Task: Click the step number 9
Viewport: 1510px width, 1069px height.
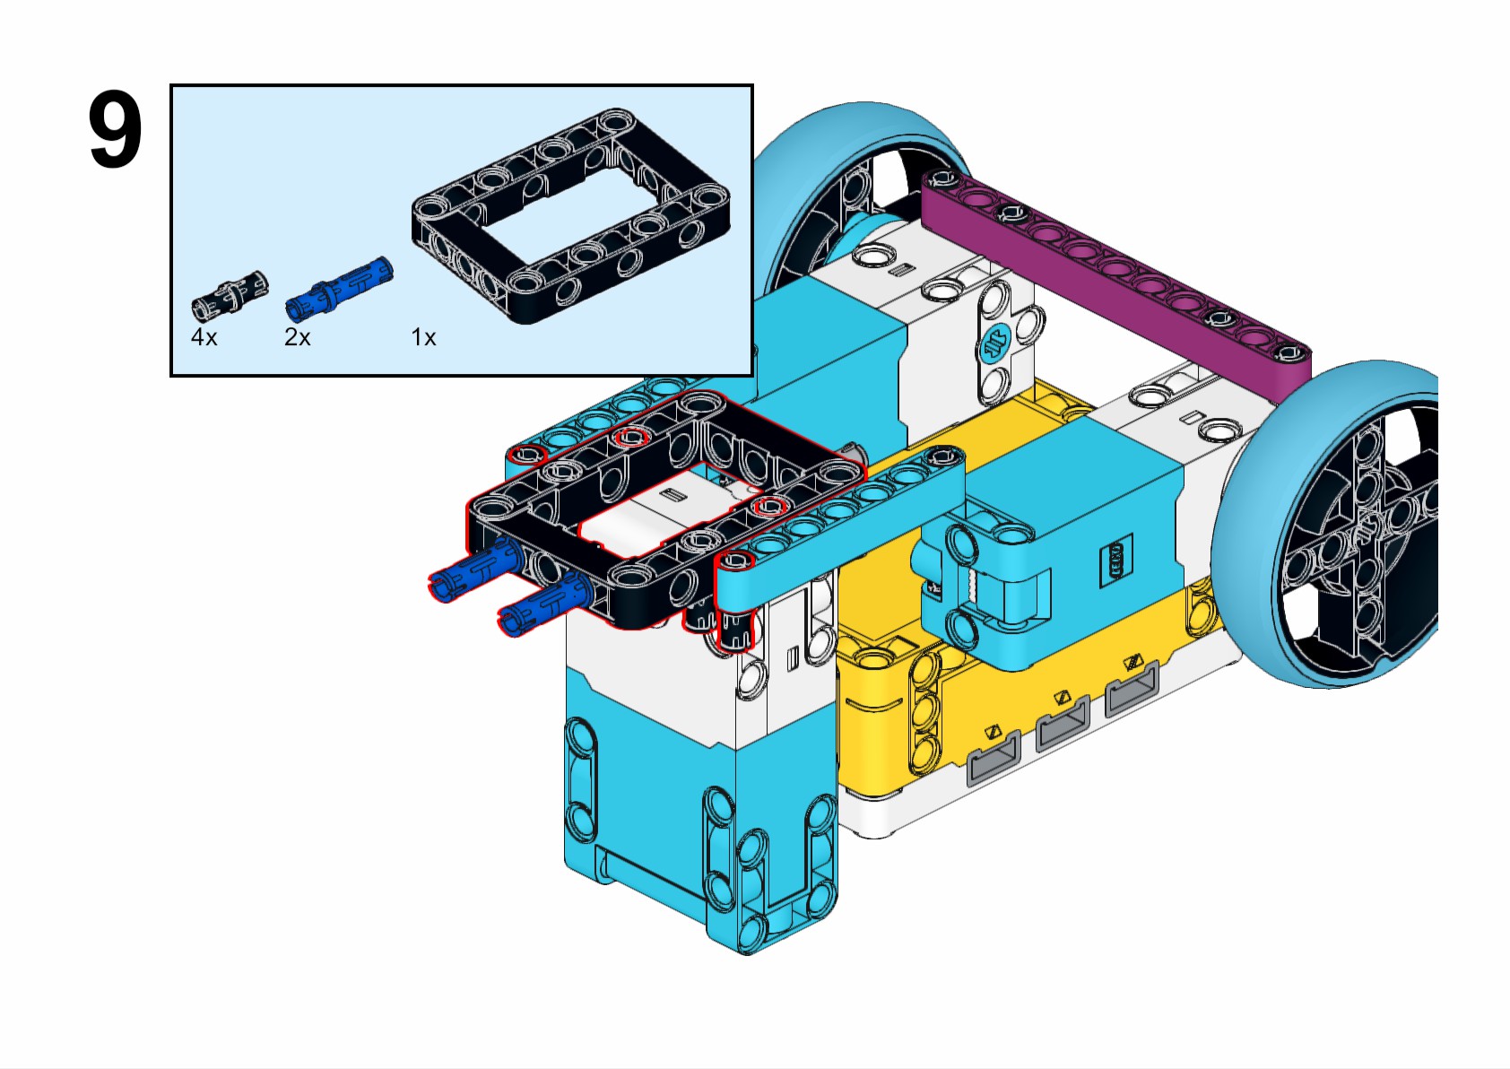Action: [115, 131]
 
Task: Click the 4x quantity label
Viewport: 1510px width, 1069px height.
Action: [204, 338]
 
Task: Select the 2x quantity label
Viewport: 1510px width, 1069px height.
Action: [297, 338]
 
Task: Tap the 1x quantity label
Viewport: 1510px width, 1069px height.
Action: [423, 338]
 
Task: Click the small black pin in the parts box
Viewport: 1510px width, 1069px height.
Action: [230, 294]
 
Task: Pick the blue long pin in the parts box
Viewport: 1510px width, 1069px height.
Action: [339, 288]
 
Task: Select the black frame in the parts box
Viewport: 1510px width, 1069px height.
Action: [570, 215]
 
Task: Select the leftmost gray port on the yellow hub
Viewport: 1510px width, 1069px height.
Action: [994, 754]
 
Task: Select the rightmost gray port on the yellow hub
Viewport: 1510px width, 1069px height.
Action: [1132, 686]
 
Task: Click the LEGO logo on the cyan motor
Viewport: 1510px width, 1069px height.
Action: [1116, 561]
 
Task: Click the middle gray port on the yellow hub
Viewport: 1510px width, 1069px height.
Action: [1062, 721]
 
